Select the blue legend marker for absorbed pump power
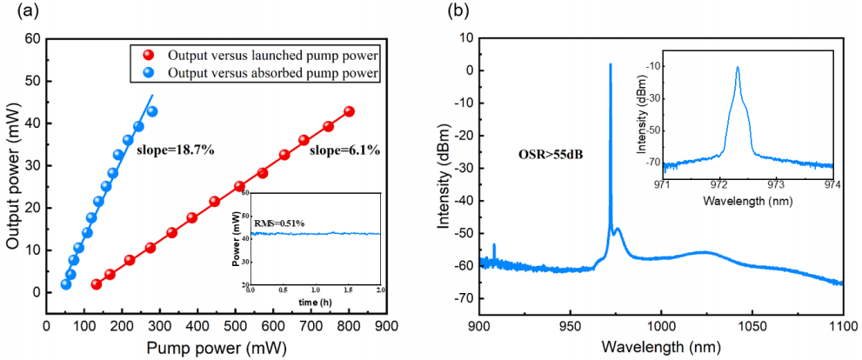coord(148,74)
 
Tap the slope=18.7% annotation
coord(176,150)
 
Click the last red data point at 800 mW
coord(349,111)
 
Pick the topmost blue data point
coord(152,111)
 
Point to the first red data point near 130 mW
coord(97,284)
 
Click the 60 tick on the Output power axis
coord(33,38)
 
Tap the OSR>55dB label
coord(545,157)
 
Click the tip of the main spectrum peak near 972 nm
coord(611,63)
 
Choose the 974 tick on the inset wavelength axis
coord(832,183)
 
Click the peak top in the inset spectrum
coord(738,67)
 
